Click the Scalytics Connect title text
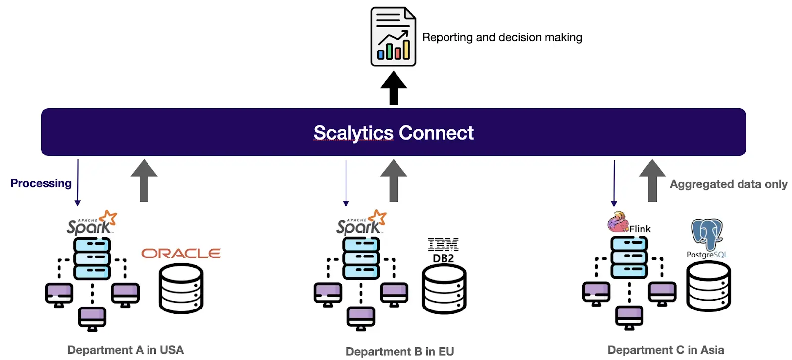tap(393, 133)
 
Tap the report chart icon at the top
tap(393, 37)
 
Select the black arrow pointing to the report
tap(393, 88)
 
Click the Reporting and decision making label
tap(502, 37)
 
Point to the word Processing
tap(41, 183)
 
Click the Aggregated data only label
tap(728, 184)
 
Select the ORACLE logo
tap(181, 254)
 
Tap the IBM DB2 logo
tap(443, 250)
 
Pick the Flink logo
tap(629, 223)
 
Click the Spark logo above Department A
tap(92, 223)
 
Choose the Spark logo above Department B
tap(361, 223)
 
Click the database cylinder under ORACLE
tap(181, 289)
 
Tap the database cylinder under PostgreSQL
tap(708, 287)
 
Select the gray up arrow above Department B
tap(394, 180)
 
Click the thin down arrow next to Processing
tap(78, 182)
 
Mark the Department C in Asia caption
tap(665, 350)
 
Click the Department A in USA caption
tap(125, 350)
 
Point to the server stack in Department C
tap(629, 257)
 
